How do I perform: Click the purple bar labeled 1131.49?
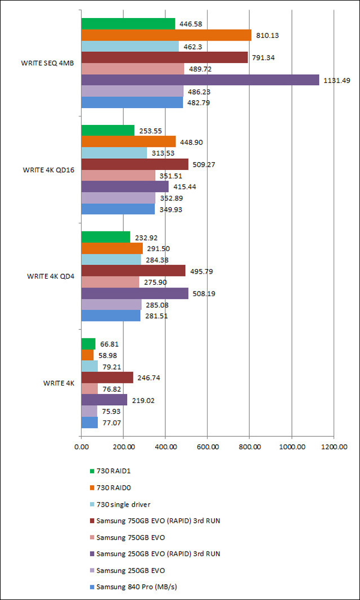point(200,80)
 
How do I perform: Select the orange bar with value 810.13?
point(166,35)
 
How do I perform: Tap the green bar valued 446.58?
point(128,24)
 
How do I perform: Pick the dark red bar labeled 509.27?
point(135,164)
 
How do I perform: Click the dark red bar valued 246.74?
point(107,378)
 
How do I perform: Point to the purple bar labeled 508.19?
point(135,293)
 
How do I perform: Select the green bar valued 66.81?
point(88,344)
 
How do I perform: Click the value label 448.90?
point(191,142)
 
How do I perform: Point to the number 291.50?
point(159,249)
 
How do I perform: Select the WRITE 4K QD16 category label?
point(48,169)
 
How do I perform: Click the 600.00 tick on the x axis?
point(208,447)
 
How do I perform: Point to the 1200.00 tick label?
point(334,447)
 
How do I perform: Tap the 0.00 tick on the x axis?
point(81,447)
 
